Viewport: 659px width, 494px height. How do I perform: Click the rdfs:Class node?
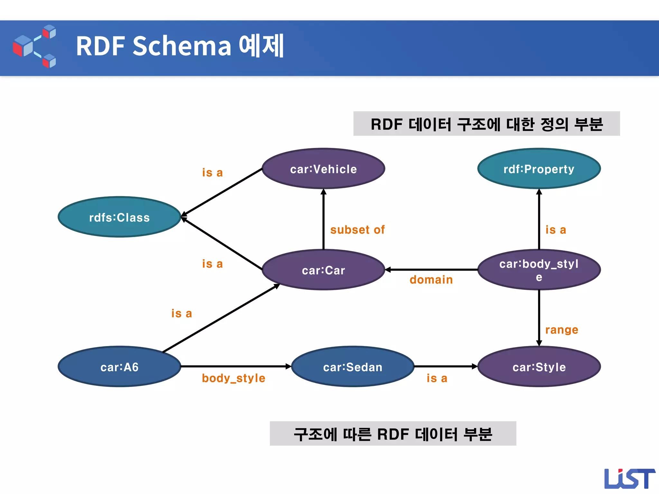[x=119, y=217]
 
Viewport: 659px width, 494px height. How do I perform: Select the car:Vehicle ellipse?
[x=323, y=169]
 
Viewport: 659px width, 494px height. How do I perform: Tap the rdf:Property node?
[x=539, y=169]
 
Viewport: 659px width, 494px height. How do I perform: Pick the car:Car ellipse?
[x=323, y=270]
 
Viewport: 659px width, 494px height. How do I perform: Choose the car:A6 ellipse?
[x=119, y=367]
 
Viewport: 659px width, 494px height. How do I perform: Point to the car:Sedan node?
[x=353, y=367]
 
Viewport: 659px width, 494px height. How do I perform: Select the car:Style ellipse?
[x=539, y=367]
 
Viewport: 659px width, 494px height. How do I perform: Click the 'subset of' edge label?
[x=357, y=230]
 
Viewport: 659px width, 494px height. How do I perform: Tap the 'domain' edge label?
[x=431, y=279]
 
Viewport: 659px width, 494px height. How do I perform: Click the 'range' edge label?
[x=562, y=330]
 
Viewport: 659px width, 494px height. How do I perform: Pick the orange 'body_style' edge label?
[x=233, y=378]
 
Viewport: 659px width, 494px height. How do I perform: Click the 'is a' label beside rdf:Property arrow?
[x=555, y=230]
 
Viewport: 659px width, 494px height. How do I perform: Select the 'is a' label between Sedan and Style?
[x=437, y=378]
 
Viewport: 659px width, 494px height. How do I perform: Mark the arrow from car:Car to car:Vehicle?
[x=323, y=219]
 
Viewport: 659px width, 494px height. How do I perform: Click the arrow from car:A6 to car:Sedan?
[x=235, y=366]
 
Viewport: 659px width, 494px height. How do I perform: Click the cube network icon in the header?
[x=35, y=46]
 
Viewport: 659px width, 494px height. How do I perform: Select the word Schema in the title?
[x=182, y=46]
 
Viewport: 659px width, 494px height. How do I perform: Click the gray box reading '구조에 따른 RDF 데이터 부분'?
[x=393, y=434]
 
